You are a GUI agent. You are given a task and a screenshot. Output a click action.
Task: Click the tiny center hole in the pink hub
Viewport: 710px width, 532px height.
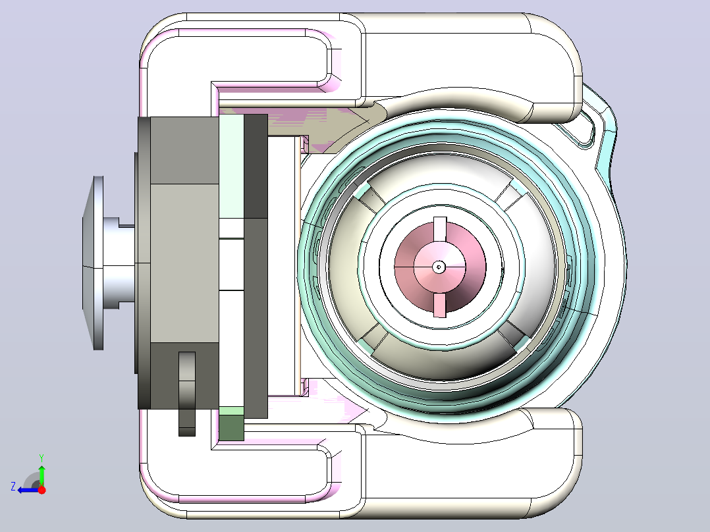[x=438, y=267]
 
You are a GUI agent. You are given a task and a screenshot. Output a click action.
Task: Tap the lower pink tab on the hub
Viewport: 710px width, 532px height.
[x=440, y=305]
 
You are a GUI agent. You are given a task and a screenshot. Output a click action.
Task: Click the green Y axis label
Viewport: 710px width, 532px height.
[x=41, y=458]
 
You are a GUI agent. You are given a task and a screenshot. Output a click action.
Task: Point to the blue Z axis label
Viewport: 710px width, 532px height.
[x=13, y=487]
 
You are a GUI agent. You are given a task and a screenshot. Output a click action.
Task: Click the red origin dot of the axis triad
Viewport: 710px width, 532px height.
[x=41, y=490]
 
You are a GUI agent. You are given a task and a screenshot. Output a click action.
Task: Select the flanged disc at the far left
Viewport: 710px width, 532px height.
[x=93, y=263]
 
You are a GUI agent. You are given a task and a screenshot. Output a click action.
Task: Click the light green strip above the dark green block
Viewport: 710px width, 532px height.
[x=231, y=412]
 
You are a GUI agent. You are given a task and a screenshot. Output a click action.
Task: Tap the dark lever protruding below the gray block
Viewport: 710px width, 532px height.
[x=187, y=394]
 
